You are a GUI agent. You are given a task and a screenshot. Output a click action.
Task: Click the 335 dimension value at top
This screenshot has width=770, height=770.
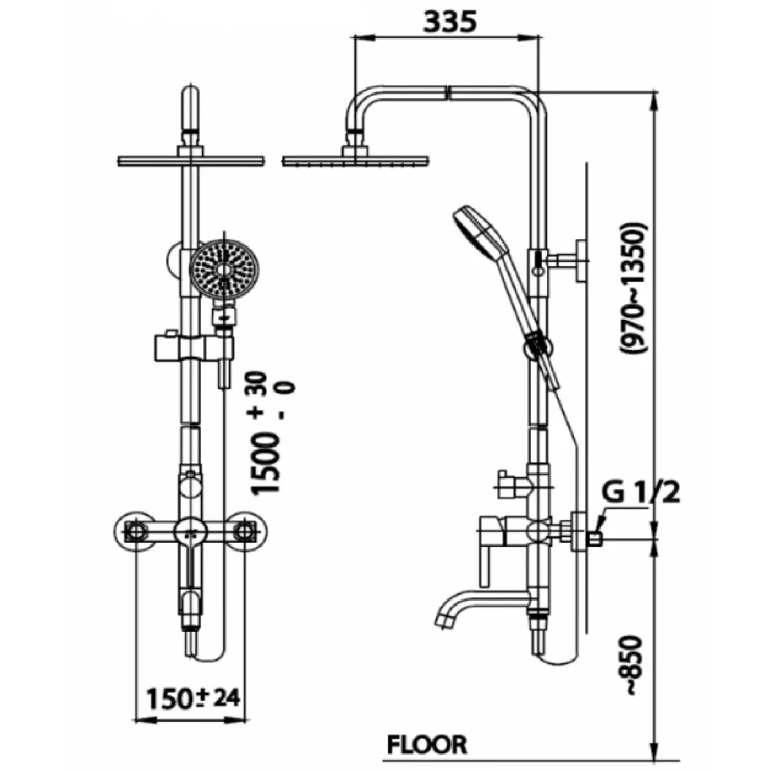450,22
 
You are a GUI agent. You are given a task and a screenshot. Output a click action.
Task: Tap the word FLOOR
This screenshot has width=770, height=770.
427,745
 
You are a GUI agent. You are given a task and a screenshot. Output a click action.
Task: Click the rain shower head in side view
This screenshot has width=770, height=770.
355,160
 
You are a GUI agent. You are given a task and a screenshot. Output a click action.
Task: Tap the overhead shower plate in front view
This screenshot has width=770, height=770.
191,160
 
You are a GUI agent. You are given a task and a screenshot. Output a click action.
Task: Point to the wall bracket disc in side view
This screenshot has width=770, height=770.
581,261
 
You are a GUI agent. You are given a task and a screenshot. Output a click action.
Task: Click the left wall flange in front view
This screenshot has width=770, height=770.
135,531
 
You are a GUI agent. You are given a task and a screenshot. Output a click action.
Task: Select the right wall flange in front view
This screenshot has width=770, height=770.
246,531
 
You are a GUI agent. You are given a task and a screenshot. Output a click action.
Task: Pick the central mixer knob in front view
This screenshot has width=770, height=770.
190,532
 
